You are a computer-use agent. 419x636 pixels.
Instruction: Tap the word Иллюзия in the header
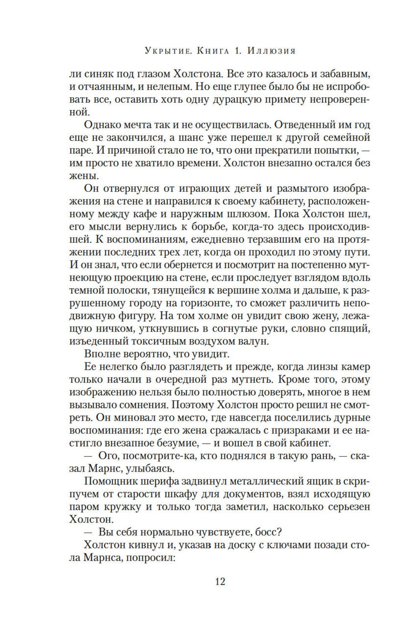coord(272,52)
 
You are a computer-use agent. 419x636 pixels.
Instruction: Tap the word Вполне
coord(102,354)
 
